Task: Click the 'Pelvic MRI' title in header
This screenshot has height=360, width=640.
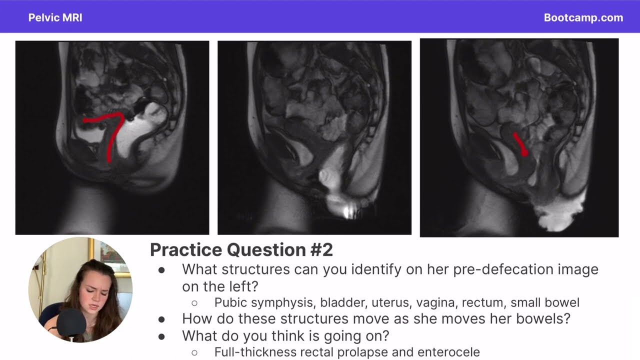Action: point(55,18)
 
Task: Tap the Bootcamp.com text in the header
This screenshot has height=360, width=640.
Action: point(583,18)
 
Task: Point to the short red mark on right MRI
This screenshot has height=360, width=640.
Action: point(520,144)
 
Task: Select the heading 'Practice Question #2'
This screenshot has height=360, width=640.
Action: point(241,249)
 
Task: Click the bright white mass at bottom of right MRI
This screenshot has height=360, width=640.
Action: point(557,214)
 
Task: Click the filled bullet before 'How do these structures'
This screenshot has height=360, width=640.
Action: point(161,319)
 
